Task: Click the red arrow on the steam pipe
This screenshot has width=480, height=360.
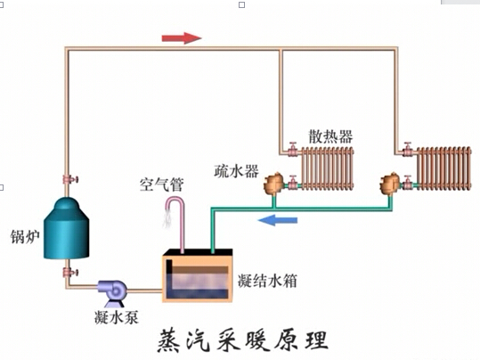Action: coord(181,38)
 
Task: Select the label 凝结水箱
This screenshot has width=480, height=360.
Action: coord(267,281)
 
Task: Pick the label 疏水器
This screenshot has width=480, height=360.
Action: coord(237,169)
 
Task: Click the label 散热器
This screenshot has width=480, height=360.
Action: coord(330,136)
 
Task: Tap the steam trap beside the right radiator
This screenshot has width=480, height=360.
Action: coord(389,184)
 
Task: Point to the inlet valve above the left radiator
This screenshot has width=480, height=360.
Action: coord(292,149)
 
